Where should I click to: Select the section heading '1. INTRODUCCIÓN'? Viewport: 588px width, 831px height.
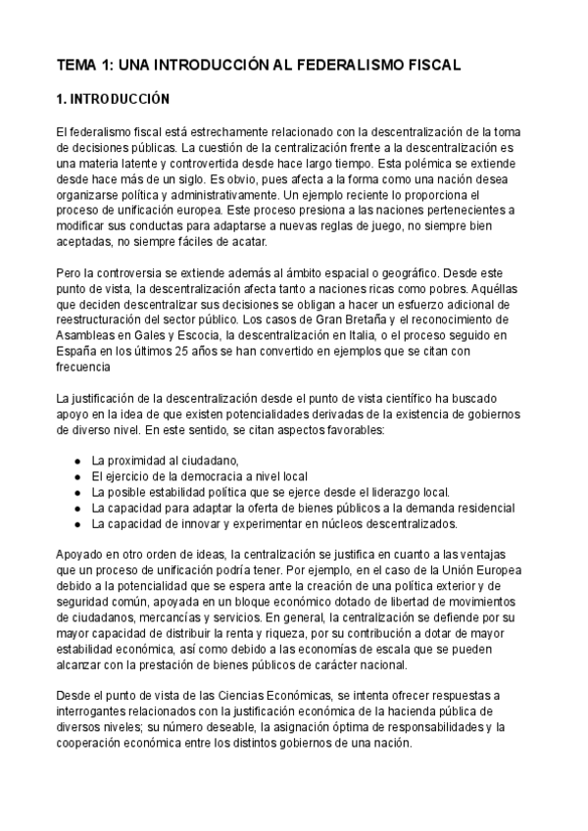coord(114,100)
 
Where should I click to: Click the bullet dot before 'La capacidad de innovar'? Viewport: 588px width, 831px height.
coord(77,524)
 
